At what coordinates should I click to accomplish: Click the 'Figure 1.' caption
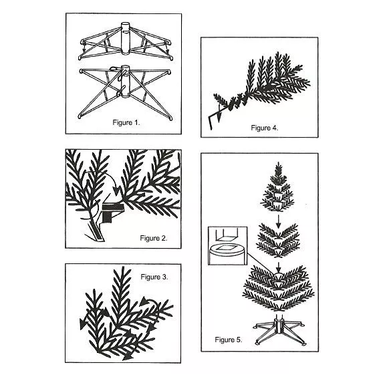[x=126, y=122]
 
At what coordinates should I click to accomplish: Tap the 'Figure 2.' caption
[x=154, y=238]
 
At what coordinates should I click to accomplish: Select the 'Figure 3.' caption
[x=154, y=277]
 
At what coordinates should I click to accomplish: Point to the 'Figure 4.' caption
[x=265, y=128]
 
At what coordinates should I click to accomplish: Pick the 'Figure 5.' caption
[x=229, y=340]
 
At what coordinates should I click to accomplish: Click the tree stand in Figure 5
[x=280, y=331]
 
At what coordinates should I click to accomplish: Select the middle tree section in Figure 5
[x=278, y=240]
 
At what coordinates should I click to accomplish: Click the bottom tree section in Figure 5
[x=279, y=288]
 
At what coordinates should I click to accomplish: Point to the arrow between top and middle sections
[x=279, y=221]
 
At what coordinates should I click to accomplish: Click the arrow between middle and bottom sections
[x=279, y=267]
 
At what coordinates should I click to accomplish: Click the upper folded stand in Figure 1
[x=126, y=41]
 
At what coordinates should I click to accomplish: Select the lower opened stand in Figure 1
[x=125, y=92]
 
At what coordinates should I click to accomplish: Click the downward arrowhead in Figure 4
[x=219, y=118]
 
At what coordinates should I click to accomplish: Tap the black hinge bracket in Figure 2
[x=112, y=212]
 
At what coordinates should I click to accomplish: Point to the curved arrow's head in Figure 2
[x=117, y=191]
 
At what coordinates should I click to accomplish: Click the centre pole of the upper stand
[x=126, y=38]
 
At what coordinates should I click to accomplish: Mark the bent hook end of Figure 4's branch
[x=210, y=122]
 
